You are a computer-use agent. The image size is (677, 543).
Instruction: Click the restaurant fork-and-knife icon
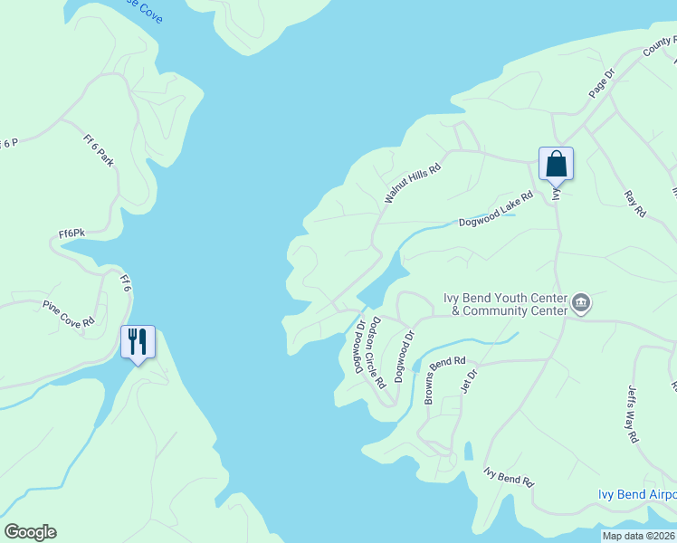pos(138,341)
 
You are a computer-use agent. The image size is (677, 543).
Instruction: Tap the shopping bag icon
pos(556,164)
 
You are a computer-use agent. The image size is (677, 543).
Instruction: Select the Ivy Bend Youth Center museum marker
pos(580,303)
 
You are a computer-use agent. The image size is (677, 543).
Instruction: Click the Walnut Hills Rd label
pos(412,181)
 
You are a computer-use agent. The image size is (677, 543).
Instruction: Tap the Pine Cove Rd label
pos(69,316)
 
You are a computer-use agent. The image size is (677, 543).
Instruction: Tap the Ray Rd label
pos(635,203)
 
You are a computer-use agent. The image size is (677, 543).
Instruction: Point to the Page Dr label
pos(601,83)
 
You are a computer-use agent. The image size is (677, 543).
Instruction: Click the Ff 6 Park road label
pos(99,151)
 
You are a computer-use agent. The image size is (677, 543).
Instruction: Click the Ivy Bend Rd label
pos(510,477)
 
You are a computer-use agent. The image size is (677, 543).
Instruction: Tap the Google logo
pos(30,532)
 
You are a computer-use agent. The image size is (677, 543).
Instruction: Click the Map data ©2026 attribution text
pos(638,536)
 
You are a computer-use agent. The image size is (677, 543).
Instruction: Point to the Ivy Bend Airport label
pos(637,494)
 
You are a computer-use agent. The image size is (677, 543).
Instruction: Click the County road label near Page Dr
pos(659,47)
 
